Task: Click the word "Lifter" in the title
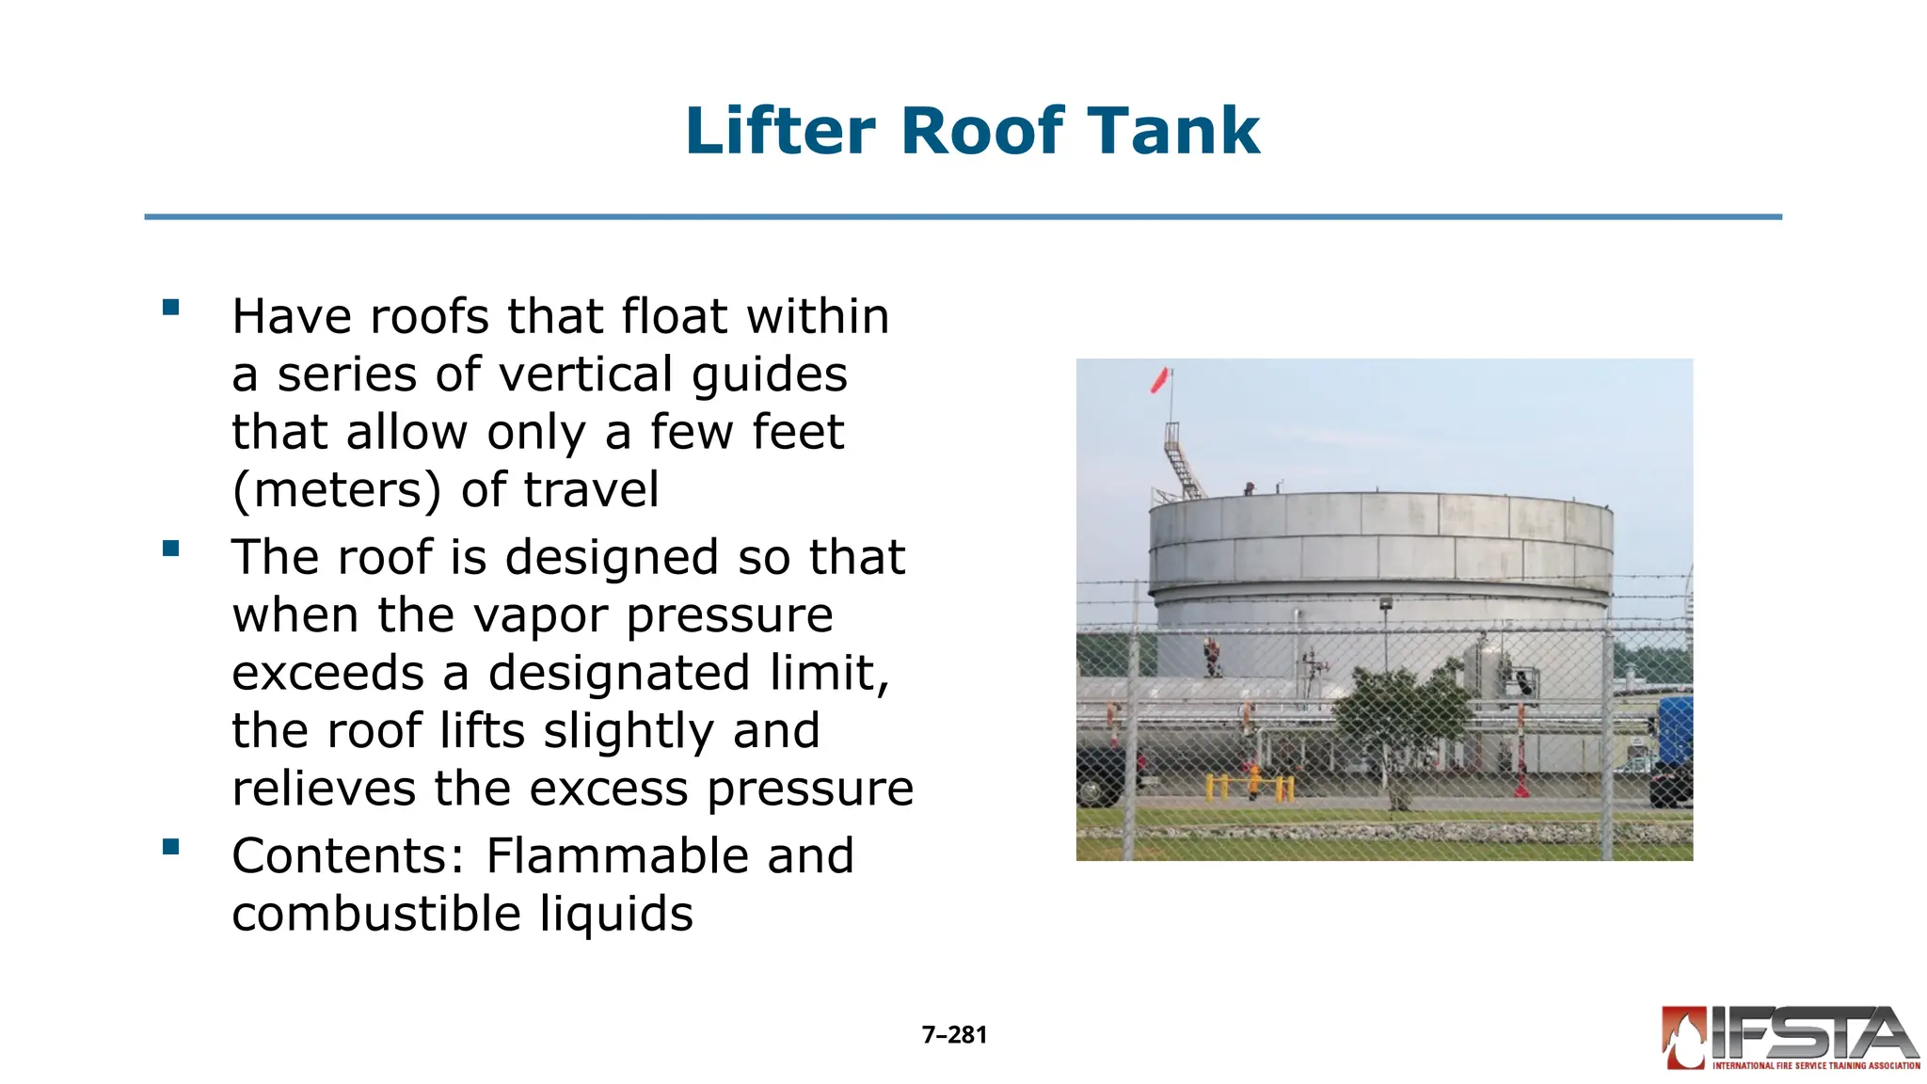(x=781, y=131)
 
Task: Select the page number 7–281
(x=954, y=1035)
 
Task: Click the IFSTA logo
(x=1791, y=1039)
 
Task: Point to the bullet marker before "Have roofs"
(x=170, y=308)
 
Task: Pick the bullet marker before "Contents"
(x=170, y=847)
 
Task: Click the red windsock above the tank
(x=1160, y=380)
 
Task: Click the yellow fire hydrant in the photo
(x=1254, y=781)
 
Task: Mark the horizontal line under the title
(x=963, y=217)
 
